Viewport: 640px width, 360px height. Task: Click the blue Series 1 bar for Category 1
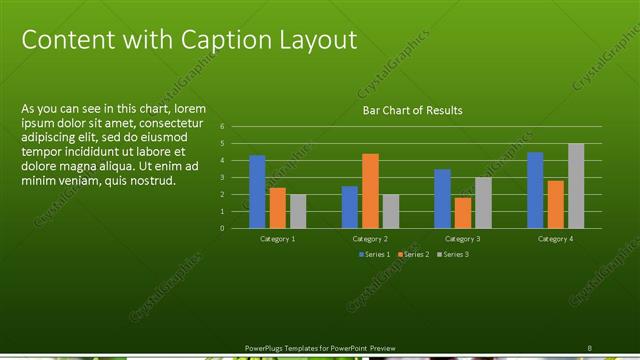[257, 192]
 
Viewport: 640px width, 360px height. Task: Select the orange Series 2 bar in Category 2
[370, 191]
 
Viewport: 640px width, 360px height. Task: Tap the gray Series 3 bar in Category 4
[576, 186]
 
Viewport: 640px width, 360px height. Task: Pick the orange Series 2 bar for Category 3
[462, 213]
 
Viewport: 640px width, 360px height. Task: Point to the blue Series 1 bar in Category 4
[535, 190]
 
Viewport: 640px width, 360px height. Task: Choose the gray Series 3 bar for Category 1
[298, 211]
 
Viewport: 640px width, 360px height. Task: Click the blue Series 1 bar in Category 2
[350, 207]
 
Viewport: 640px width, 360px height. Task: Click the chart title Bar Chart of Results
[412, 110]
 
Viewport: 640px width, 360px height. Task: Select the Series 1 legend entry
[375, 255]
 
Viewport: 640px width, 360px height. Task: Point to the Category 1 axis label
[278, 239]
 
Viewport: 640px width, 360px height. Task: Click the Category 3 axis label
[462, 239]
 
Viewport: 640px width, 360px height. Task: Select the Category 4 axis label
[555, 239]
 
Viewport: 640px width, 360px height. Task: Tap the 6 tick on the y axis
[236, 127]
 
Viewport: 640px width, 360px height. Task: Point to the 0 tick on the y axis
[236, 228]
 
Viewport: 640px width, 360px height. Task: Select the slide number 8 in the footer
[589, 347]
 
